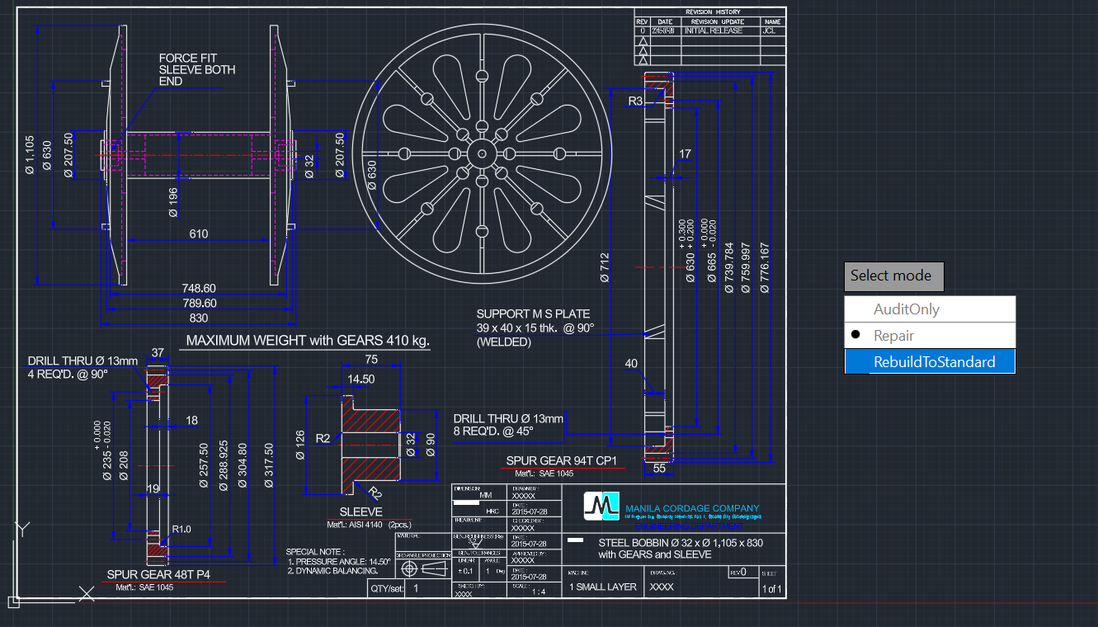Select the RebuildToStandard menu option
(934, 361)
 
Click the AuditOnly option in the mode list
(906, 309)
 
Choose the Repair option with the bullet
(893, 336)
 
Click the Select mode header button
(893, 276)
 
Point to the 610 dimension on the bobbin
(199, 234)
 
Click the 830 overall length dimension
(199, 318)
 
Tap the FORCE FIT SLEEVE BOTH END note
(196, 70)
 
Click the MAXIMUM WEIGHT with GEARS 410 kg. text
(308, 340)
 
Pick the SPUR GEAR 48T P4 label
(158, 574)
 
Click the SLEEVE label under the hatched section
(361, 511)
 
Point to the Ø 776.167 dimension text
(763, 268)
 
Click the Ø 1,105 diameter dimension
(30, 155)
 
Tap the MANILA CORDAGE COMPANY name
(692, 508)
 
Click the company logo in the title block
(601, 506)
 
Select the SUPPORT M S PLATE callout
(535, 328)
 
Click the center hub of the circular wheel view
(481, 153)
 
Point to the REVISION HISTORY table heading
(712, 12)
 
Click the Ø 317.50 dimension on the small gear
(268, 466)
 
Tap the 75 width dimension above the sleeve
(371, 359)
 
